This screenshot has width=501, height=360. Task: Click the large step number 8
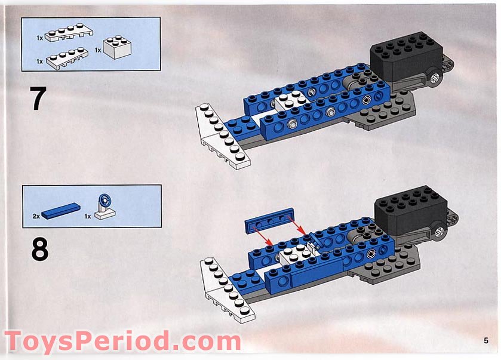(39, 250)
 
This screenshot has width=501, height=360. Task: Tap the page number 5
(486, 340)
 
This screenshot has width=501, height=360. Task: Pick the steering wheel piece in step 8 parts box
(107, 207)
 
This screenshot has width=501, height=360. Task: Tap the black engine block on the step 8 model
(411, 209)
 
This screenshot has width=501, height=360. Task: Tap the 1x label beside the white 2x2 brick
(97, 50)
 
